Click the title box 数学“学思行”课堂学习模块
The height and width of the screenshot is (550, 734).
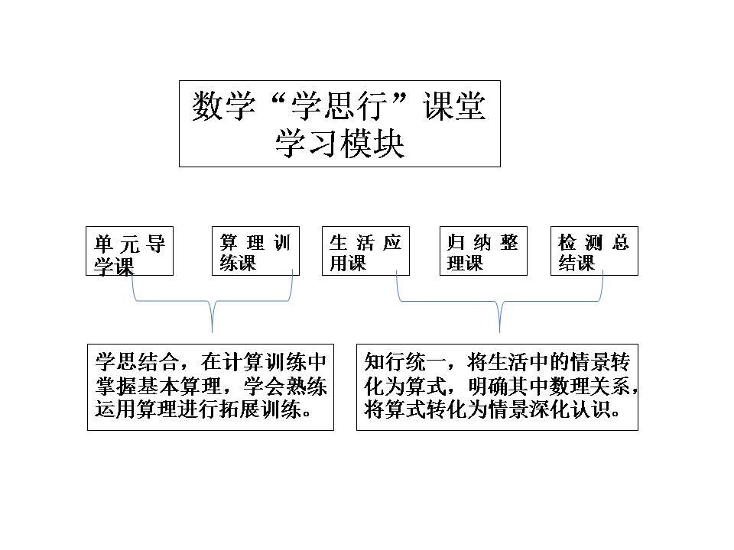pyautogui.click(x=339, y=124)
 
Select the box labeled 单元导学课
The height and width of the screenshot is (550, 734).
pyautogui.click(x=129, y=251)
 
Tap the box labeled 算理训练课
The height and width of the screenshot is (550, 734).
pyautogui.click(x=255, y=251)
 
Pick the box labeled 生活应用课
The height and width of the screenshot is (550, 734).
pyautogui.click(x=365, y=251)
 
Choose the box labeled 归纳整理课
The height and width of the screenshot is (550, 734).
pyautogui.click(x=483, y=251)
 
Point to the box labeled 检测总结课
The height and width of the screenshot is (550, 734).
pyautogui.click(x=594, y=251)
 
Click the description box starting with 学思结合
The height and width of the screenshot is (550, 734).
pyautogui.click(x=210, y=387)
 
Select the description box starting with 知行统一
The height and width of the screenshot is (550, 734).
pyautogui.click(x=497, y=387)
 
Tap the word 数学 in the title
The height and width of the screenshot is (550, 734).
pyautogui.click(x=224, y=105)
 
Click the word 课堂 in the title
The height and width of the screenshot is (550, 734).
pyautogui.click(x=454, y=105)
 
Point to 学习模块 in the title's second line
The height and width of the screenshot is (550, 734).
pyautogui.click(x=339, y=143)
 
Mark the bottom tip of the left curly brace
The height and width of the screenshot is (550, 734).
pyautogui.click(x=212, y=332)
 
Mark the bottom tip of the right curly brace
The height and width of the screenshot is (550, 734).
pyautogui.click(x=499, y=332)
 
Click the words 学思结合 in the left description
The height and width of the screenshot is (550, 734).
pyautogui.click(x=137, y=361)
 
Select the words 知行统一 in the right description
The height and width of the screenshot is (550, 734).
pyautogui.click(x=405, y=361)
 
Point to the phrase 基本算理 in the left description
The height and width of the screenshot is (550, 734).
pyautogui.click(x=178, y=386)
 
